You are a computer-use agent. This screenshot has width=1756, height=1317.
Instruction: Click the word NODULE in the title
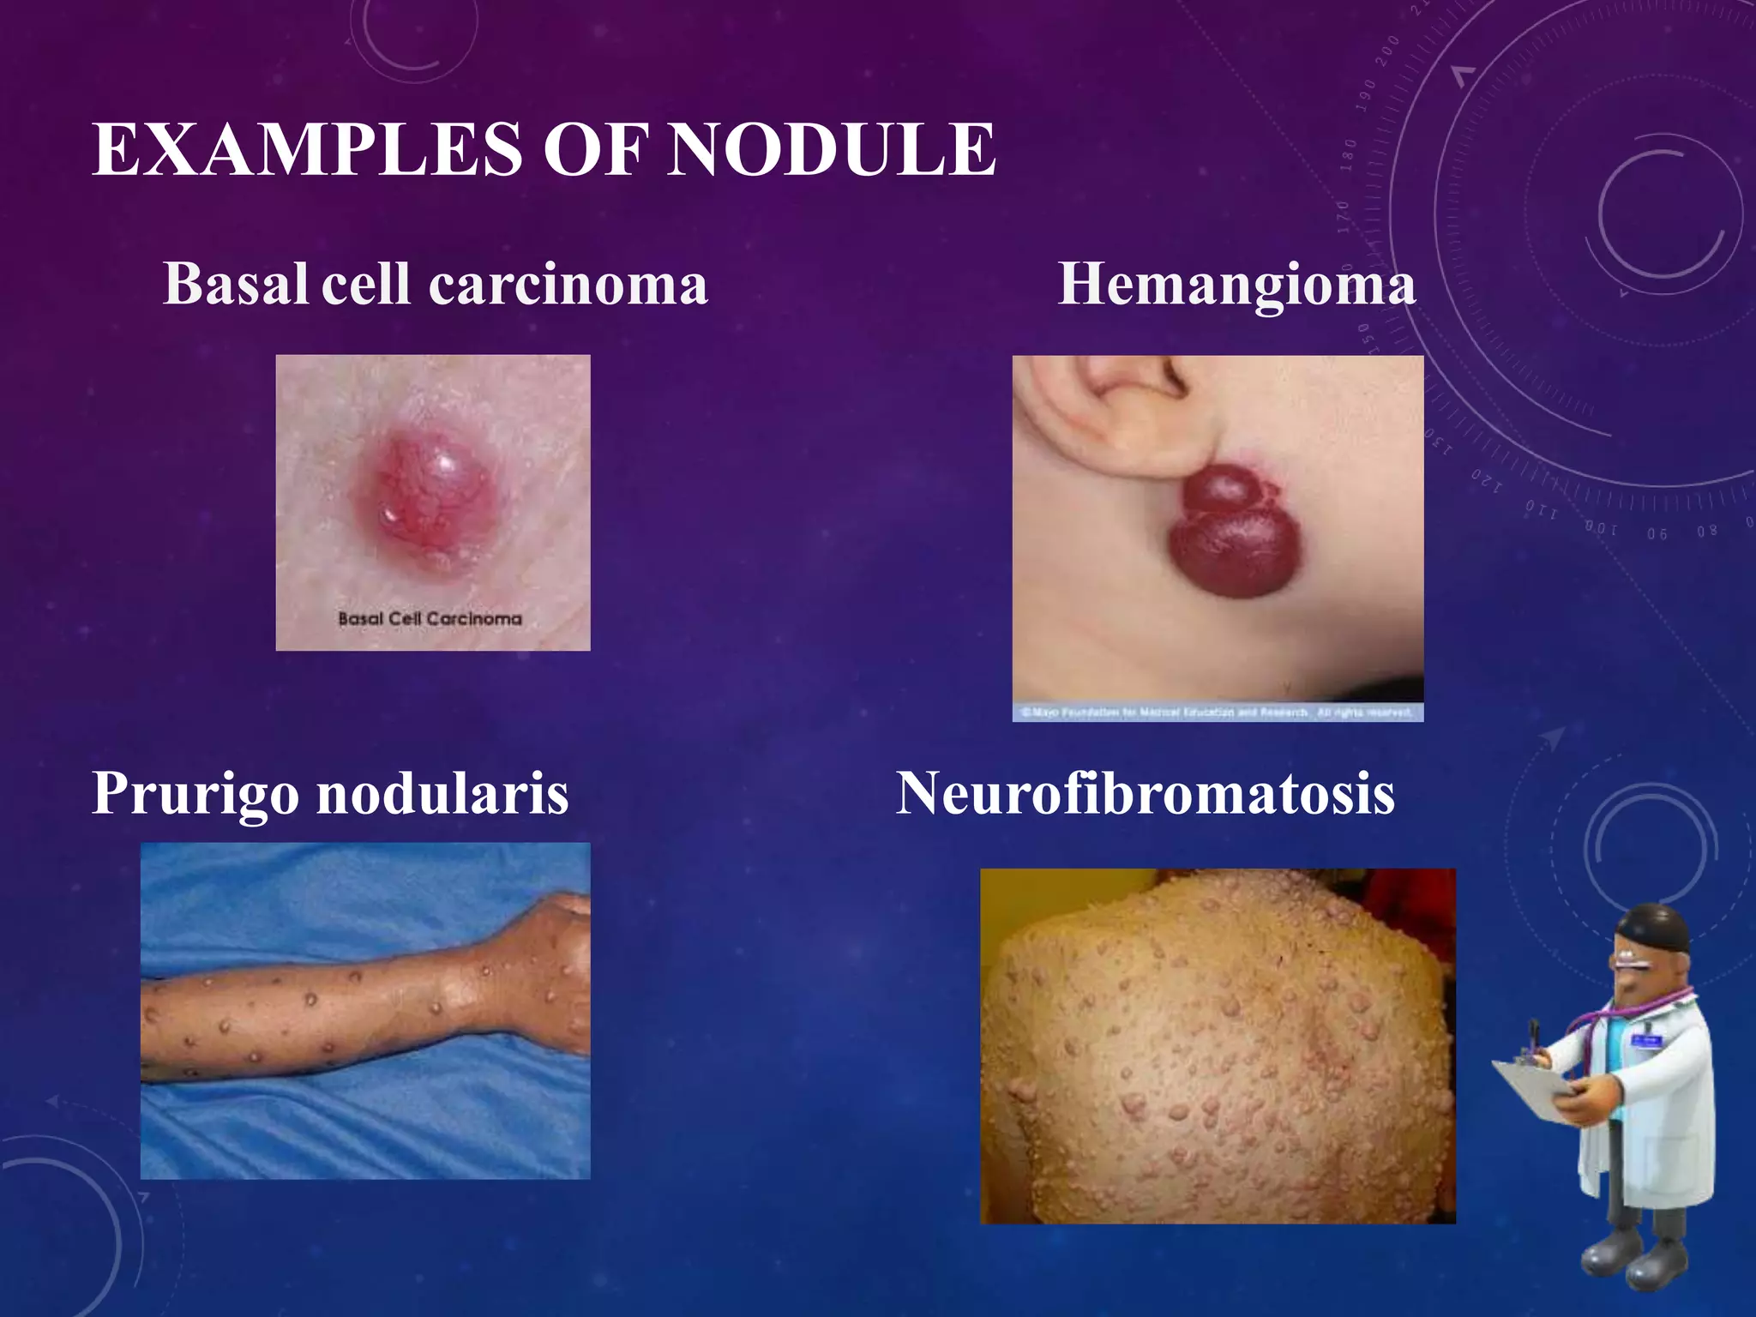831,150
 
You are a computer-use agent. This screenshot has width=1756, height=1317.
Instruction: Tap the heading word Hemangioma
1236,284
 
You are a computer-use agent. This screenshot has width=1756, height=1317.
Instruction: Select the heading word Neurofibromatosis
1146,793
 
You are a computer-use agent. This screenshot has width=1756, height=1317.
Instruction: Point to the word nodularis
442,793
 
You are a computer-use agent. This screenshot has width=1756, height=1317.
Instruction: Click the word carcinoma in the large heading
568,284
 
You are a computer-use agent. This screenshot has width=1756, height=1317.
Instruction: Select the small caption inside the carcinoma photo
430,618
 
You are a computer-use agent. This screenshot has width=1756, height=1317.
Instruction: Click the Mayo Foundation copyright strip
1218,713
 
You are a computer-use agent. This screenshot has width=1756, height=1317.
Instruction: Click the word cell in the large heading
366,284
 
